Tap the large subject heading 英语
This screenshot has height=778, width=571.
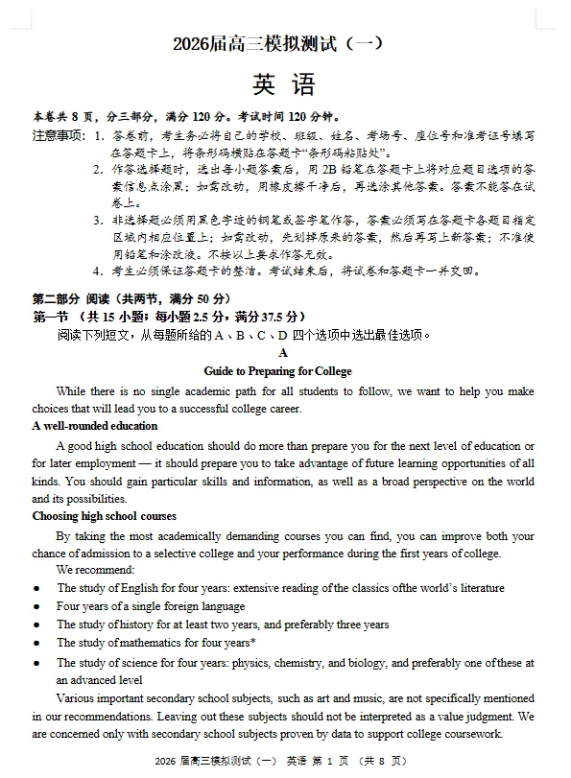(284, 85)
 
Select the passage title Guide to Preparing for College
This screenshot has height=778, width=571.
(277, 370)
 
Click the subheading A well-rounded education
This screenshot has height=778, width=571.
(94, 426)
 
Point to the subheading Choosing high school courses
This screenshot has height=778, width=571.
(104, 516)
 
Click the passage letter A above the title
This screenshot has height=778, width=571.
(283, 353)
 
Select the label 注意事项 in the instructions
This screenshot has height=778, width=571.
(58, 135)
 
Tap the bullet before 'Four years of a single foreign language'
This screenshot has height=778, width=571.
(36, 606)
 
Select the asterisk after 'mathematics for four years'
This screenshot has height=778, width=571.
(252, 642)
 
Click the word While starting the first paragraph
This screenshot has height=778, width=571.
(70, 390)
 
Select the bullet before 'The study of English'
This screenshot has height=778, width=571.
(36, 588)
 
